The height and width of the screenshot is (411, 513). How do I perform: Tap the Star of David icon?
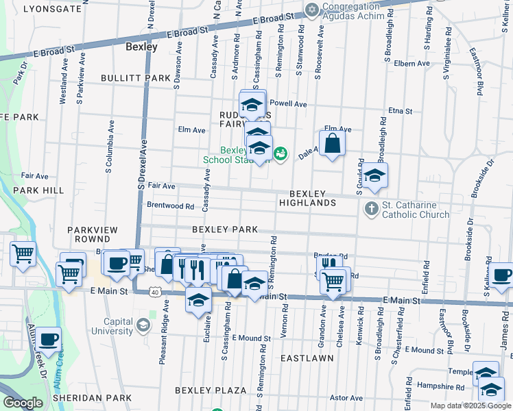point(313,9)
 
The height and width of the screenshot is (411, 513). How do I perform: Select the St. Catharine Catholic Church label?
point(416,209)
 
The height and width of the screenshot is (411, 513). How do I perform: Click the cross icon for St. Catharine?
point(371,208)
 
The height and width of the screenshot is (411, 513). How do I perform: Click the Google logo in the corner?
point(23,403)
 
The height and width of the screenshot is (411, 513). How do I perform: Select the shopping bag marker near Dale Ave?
point(332,144)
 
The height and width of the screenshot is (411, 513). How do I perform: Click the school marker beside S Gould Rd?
point(374,176)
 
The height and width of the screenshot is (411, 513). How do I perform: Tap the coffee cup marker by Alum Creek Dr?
point(48,338)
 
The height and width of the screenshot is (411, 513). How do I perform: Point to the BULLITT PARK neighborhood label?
point(135,78)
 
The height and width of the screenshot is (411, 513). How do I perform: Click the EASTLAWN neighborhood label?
point(307,358)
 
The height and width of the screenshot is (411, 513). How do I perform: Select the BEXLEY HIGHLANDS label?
point(307,199)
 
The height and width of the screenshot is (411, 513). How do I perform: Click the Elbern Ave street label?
point(411,64)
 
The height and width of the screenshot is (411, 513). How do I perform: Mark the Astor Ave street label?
point(346,397)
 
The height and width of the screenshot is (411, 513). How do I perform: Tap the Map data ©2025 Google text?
point(470,406)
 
